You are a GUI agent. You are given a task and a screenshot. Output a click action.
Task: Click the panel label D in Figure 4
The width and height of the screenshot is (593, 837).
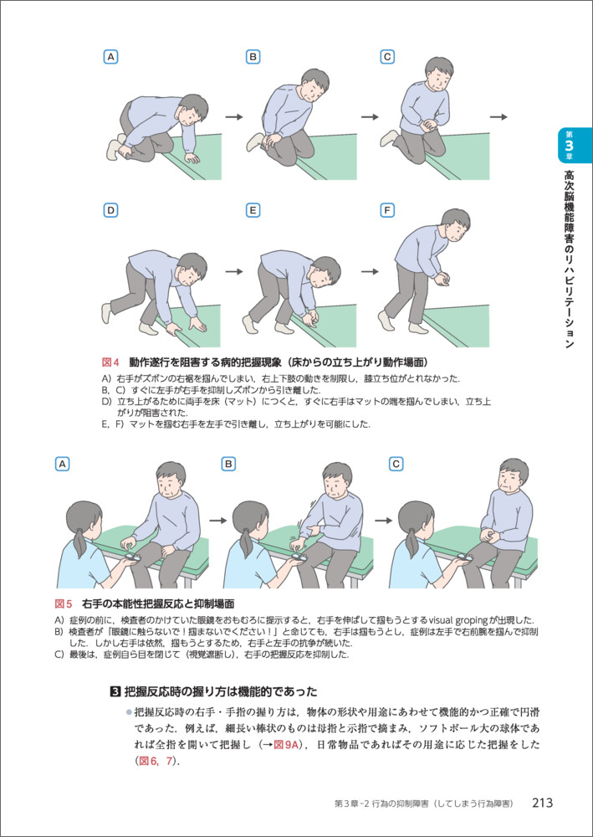pos(111,210)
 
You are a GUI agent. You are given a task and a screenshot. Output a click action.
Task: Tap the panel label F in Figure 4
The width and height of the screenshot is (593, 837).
pos(387,210)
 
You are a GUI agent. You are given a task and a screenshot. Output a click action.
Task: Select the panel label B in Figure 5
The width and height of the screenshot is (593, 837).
pos(229,465)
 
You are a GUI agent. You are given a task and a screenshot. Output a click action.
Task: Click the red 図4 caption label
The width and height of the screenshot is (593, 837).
pos(110,362)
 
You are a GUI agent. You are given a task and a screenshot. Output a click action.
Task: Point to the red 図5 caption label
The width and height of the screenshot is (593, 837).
pos(64,603)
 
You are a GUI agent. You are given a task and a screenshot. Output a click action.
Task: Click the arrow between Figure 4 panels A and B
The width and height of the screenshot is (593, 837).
pos(233,117)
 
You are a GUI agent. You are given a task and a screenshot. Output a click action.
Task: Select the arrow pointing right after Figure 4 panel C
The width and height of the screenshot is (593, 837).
pos(498,117)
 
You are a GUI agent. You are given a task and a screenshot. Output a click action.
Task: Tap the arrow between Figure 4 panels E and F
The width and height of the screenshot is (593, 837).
pos(370,271)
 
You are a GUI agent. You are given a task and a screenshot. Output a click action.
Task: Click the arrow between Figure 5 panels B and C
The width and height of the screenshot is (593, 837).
pos(383,520)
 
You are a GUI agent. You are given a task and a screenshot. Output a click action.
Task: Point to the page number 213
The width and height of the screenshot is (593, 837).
pos(542,803)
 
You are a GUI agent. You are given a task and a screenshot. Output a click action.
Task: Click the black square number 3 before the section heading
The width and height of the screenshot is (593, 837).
pos(114,692)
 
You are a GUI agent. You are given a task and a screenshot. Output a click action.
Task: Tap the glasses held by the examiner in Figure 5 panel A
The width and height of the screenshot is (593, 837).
pos(131,557)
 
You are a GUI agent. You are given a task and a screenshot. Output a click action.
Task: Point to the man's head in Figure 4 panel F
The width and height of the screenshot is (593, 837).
pos(456,224)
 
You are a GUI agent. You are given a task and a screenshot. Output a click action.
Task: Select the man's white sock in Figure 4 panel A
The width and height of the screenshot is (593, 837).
pos(115,149)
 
